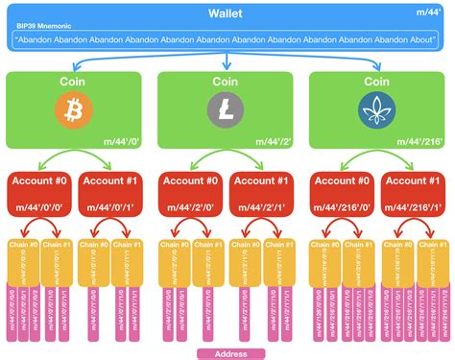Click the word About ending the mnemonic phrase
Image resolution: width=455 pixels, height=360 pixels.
[422, 41]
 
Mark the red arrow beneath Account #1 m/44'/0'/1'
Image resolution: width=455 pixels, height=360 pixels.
[112, 229]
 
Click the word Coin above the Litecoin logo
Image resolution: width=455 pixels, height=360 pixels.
[227, 84]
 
